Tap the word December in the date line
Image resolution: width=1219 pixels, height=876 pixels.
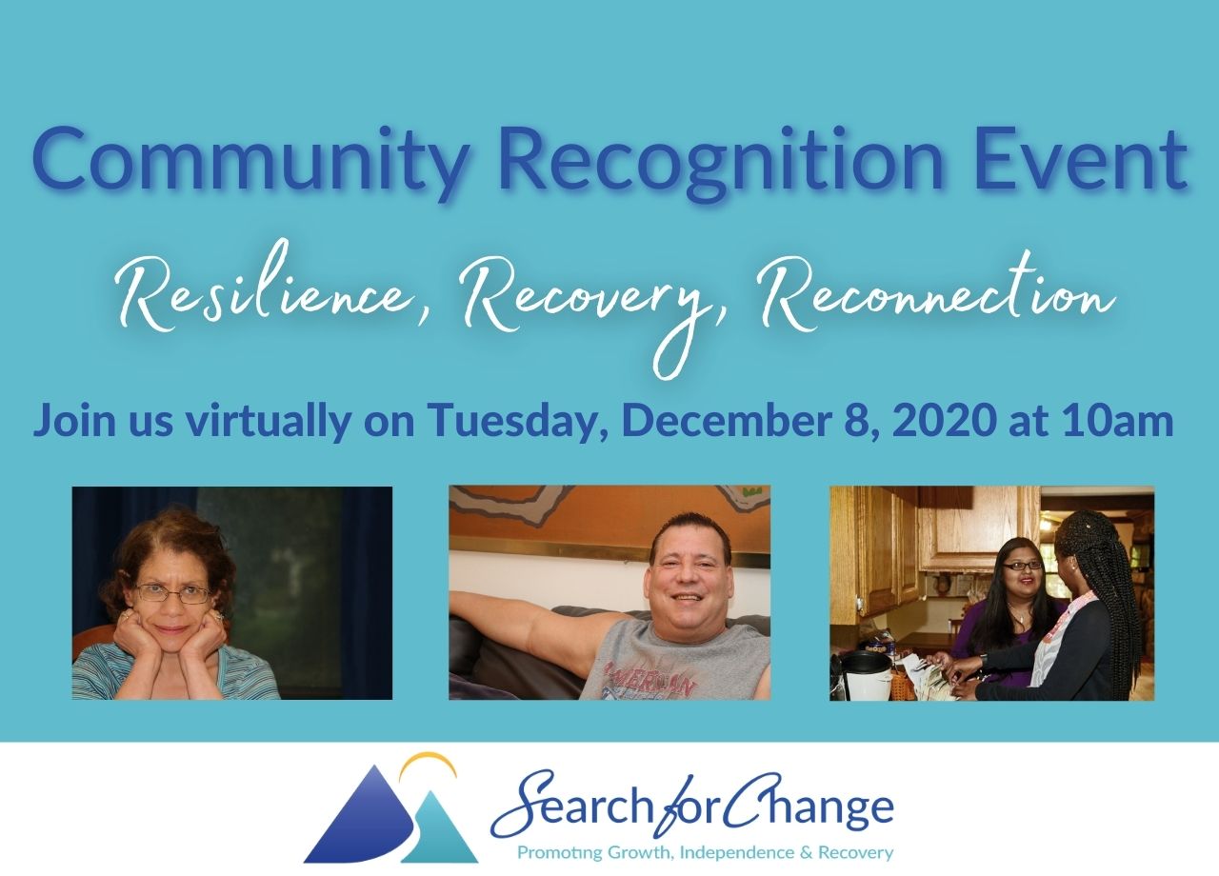727,420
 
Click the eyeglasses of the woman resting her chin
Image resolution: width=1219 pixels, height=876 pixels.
173,593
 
